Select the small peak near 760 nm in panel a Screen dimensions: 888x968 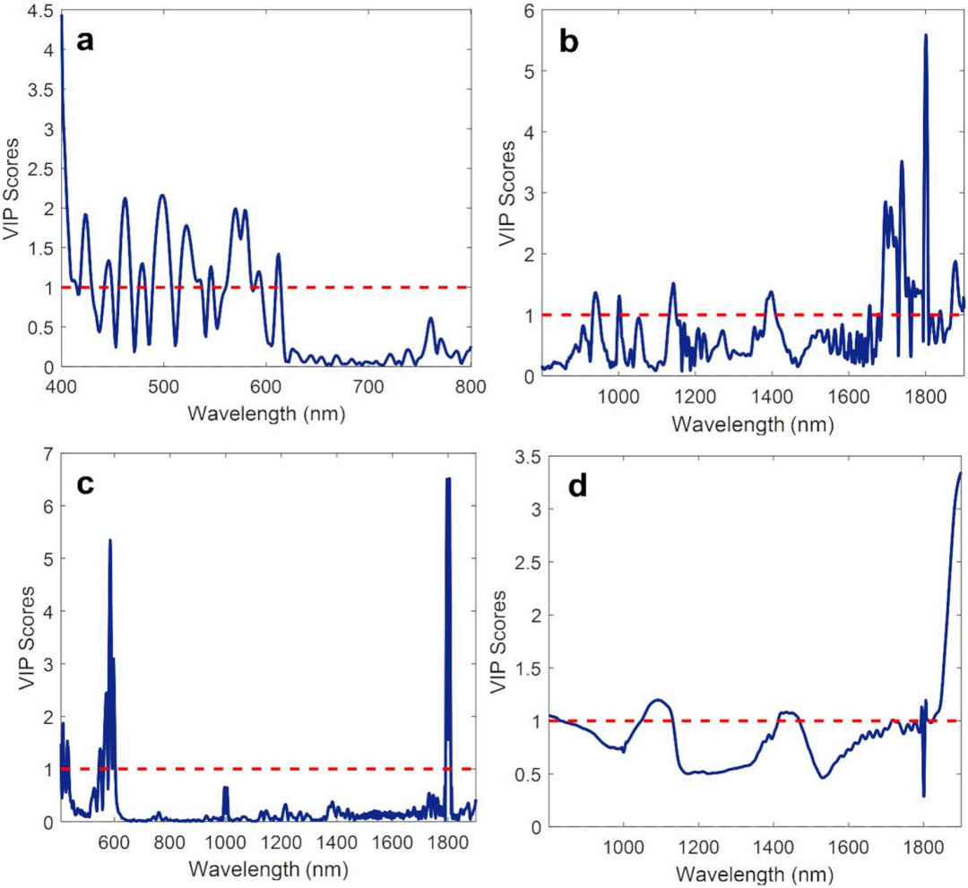430,319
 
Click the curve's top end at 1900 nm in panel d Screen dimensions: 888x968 960,473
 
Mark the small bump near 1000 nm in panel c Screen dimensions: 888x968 225,788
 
